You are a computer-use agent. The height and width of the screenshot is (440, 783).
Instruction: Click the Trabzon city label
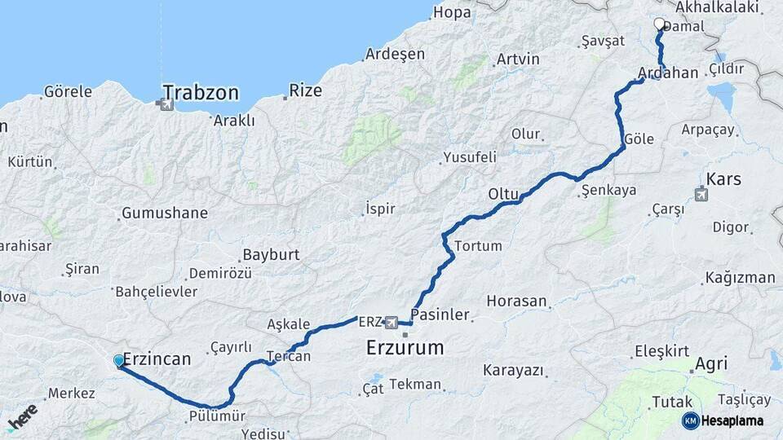(x=201, y=92)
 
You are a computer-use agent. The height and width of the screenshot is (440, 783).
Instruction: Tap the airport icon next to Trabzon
(x=167, y=103)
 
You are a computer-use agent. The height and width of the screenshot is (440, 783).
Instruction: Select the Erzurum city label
(x=405, y=348)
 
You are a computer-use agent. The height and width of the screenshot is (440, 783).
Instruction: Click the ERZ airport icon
(x=391, y=323)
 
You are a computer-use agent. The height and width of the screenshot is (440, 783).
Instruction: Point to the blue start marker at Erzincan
(x=119, y=360)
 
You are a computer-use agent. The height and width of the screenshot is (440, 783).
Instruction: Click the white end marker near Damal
(x=660, y=24)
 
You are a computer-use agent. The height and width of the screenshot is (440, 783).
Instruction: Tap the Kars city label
(x=724, y=179)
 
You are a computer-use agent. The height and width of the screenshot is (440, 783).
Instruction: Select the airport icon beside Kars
(x=701, y=194)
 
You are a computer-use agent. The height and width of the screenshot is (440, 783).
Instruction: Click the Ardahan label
(x=669, y=73)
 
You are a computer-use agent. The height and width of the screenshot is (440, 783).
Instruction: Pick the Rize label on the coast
(x=306, y=90)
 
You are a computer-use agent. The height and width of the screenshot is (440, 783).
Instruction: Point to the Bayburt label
(x=271, y=255)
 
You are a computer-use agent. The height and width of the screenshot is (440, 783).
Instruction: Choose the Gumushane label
(x=164, y=213)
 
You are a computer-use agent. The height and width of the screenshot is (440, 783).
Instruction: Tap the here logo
(x=22, y=416)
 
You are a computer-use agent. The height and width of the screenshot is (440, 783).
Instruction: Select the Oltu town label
(x=503, y=194)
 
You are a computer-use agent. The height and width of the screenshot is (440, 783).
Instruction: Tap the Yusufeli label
(x=469, y=157)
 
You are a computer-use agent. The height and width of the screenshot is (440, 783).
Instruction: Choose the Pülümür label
(x=216, y=416)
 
